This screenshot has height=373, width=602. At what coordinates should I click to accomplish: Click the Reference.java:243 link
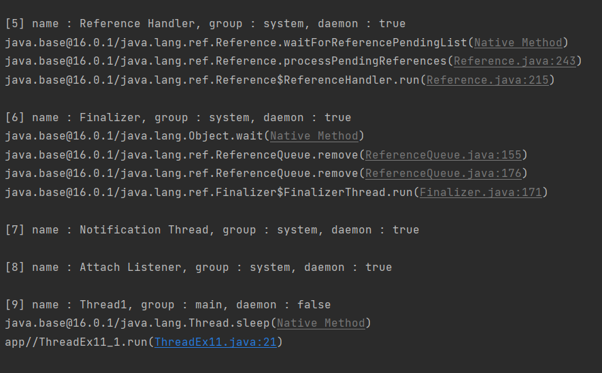[515, 61]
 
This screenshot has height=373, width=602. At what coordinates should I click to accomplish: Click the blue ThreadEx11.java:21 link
[216, 342]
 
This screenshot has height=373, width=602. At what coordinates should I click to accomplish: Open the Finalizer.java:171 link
[481, 193]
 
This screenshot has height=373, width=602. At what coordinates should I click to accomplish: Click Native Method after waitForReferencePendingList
[518, 43]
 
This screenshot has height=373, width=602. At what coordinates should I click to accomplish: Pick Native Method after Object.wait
[314, 136]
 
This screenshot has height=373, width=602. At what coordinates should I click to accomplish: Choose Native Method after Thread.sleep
[321, 323]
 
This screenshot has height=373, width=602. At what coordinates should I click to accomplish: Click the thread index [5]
[15, 24]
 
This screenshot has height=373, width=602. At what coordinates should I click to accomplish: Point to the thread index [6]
[15, 118]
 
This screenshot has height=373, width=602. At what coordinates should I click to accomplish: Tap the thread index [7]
[15, 230]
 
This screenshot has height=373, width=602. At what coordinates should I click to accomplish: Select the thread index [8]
[15, 267]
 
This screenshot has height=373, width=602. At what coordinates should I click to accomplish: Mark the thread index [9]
[15, 305]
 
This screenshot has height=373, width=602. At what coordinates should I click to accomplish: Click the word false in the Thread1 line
[314, 305]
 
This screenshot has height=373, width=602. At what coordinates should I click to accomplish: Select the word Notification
[120, 230]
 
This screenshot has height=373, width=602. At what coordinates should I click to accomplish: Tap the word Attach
[100, 267]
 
